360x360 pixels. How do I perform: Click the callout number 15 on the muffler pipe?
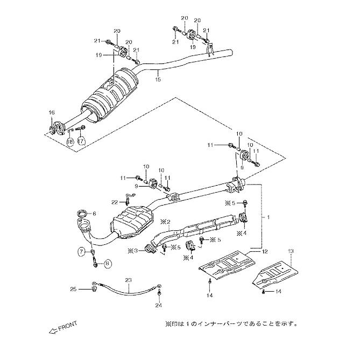tap(158, 80)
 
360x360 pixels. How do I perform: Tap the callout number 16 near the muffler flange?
tap(52, 112)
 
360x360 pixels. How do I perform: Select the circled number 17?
tap(81, 142)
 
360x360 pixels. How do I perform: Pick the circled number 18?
tap(69, 142)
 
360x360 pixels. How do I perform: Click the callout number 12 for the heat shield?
tap(264, 252)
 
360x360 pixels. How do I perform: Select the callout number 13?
tap(291, 251)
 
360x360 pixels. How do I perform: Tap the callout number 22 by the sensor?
tap(114, 201)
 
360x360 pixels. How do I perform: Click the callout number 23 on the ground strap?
tap(128, 280)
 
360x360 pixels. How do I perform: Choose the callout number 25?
tap(74, 290)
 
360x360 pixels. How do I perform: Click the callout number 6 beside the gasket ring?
tap(94, 214)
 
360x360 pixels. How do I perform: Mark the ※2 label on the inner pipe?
tap(165, 221)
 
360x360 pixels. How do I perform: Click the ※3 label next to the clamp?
tap(132, 251)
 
